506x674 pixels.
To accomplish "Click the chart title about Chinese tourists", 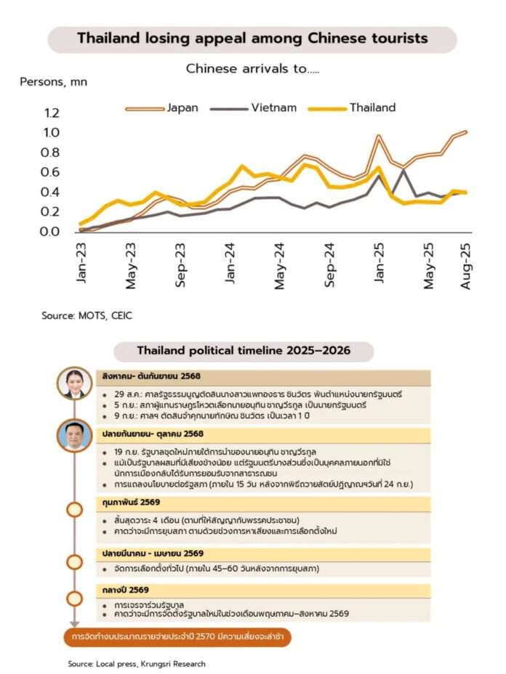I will pyautogui.click(x=252, y=38).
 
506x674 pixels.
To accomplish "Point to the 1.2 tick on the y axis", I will pyautogui.click(x=51, y=113).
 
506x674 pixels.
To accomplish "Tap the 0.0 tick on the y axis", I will pyautogui.click(x=51, y=232).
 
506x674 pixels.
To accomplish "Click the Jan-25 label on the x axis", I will pyautogui.click(x=379, y=266).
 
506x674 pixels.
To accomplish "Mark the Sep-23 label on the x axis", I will pyautogui.click(x=180, y=266).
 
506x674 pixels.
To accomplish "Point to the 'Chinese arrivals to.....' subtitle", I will pyautogui.click(x=252, y=69).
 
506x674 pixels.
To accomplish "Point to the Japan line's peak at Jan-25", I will pyautogui.click(x=379, y=136).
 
